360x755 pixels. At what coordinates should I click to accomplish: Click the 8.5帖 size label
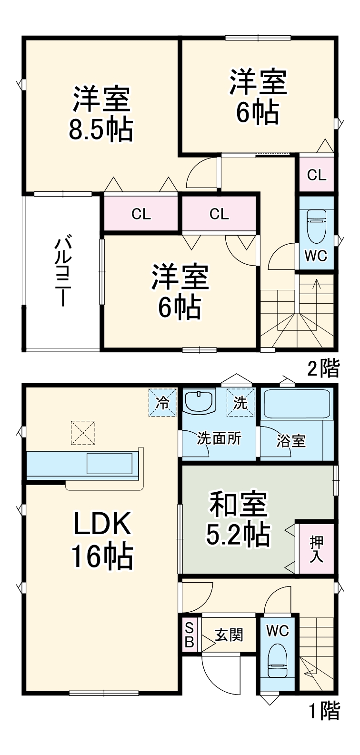pos(101,129)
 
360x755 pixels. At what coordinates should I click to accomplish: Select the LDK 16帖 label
pos(102,540)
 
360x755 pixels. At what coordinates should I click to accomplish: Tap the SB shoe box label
pos(189,635)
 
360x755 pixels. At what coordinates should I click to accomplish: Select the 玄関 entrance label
pos(229,635)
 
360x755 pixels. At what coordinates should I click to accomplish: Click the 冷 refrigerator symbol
pos(163,403)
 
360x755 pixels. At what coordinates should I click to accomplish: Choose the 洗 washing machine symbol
pos(240,403)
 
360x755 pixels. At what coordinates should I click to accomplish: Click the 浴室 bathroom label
pos(291,440)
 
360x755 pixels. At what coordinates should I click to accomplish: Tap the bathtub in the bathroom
pos(297,404)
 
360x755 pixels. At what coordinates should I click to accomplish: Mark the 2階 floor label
pos(323,368)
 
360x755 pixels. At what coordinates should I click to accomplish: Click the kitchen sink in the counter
pos(109,463)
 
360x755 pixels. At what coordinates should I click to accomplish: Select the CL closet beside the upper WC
pos(317,175)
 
